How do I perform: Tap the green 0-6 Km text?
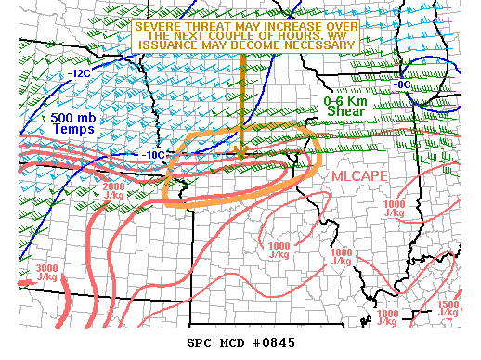tap(345, 99)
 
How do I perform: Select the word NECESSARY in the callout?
tap(319, 44)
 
